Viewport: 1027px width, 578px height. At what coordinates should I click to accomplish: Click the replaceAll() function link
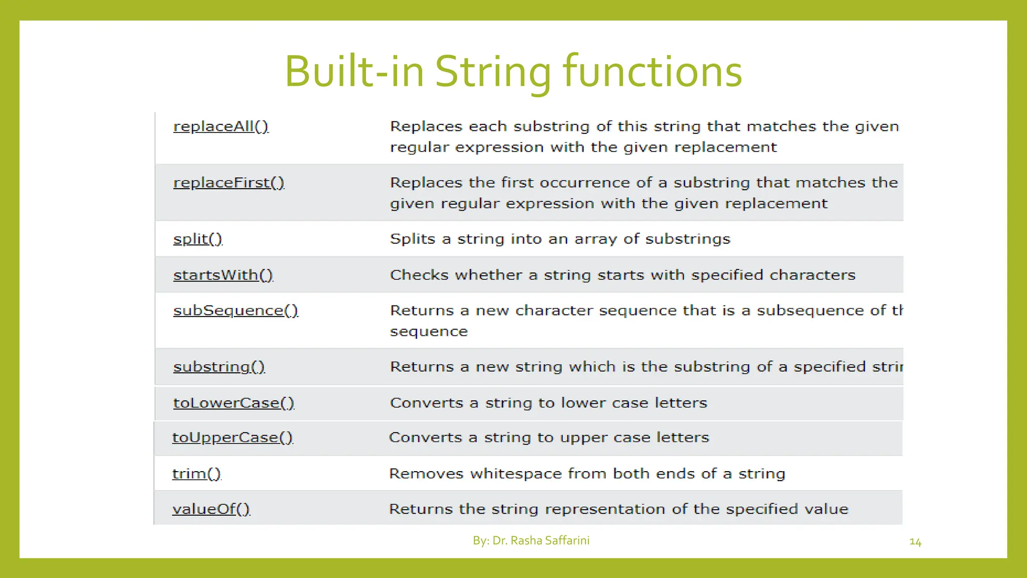pos(221,126)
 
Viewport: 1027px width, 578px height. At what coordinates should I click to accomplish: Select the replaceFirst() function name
pos(229,183)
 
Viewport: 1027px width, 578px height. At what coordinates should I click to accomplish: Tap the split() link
pos(198,239)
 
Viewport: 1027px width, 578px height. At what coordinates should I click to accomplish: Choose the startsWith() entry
pos(223,275)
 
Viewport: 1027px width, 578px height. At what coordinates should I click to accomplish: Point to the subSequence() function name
pos(236,311)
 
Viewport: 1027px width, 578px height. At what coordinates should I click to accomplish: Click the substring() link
pos(219,367)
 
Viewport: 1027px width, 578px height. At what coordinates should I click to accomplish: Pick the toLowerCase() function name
pos(234,403)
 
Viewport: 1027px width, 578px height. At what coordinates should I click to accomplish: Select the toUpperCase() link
pos(233,438)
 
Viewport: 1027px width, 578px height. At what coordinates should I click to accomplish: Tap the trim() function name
pos(197,474)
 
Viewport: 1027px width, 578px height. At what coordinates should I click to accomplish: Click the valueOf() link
pos(211,509)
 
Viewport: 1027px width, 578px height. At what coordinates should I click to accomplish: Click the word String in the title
pos(492,72)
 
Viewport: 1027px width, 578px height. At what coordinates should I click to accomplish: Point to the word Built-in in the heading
pos(354,72)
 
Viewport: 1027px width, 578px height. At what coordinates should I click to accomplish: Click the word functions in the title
pos(652,72)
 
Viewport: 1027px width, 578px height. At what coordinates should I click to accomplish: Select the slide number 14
pos(915,542)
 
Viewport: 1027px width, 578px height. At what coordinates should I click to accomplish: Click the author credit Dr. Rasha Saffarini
pos(541,540)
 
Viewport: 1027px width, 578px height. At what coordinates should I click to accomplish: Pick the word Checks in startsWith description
pos(419,275)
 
